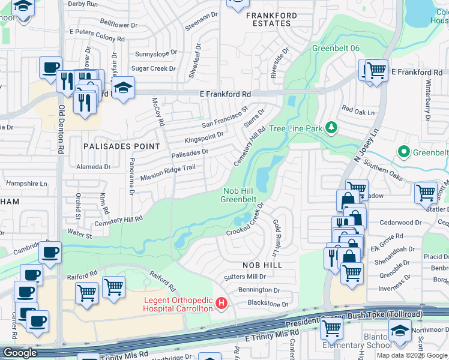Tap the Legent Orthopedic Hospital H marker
point(221,303)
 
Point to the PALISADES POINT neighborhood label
point(122,146)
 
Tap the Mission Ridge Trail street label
point(168,173)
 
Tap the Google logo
point(20,353)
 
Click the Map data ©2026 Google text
point(412,355)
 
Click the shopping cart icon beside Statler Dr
point(426,193)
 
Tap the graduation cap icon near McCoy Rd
point(123,88)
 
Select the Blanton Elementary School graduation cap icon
point(400,330)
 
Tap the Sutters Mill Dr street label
point(244,277)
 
